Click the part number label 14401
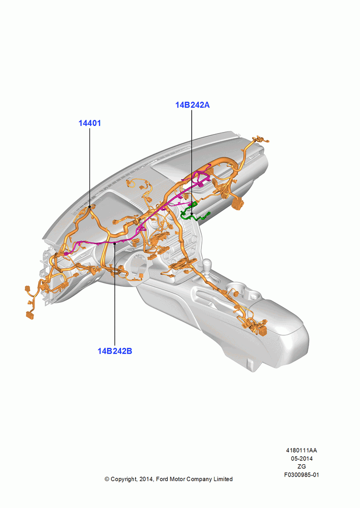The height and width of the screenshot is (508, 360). click(x=90, y=123)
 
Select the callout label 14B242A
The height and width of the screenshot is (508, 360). click(x=192, y=105)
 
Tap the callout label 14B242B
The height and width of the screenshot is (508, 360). click(x=115, y=351)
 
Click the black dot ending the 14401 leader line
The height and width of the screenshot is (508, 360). click(x=90, y=207)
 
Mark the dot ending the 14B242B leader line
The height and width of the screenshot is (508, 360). click(x=115, y=243)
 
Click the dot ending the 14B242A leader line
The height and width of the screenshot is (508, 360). click(x=192, y=214)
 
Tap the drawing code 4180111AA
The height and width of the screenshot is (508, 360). click(x=302, y=450)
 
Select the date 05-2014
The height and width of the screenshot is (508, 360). click(x=302, y=458)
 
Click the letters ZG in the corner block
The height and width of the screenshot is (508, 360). click(x=302, y=466)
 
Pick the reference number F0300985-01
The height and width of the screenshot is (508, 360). click(x=302, y=474)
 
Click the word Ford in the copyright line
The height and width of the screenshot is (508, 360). click(x=162, y=479)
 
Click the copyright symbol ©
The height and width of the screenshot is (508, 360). click(x=107, y=479)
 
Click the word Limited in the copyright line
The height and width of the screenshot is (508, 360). click(x=223, y=479)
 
